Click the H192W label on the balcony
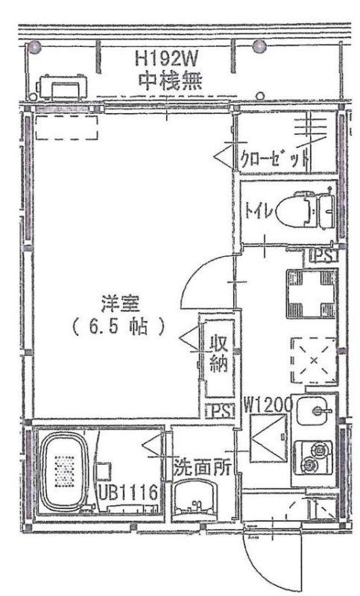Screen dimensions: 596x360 click(170, 58)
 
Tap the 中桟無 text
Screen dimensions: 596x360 click(170, 78)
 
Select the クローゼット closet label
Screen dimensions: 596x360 click(274, 158)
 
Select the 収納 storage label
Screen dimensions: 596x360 click(218, 356)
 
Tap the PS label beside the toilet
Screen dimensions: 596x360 click(323, 256)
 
